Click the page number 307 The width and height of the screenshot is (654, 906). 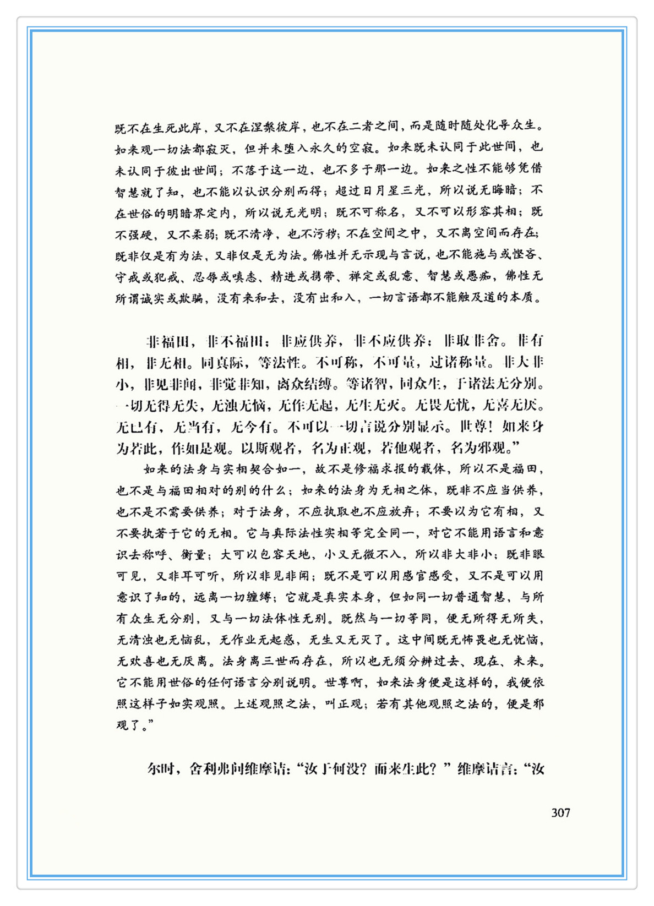[560, 813]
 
